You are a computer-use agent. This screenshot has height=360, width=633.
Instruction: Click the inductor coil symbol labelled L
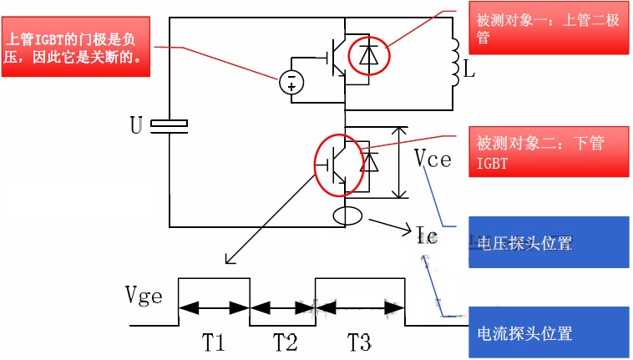[455, 63]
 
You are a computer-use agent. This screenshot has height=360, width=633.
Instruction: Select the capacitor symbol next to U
[169, 126]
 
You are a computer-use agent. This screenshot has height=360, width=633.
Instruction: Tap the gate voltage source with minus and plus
[291, 83]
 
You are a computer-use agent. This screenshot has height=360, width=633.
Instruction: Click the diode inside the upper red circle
[368, 55]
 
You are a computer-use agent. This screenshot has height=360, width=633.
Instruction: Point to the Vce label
[433, 158]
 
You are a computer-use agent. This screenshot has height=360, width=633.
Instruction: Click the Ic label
[426, 235]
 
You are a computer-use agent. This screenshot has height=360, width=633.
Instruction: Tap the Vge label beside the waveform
[144, 296]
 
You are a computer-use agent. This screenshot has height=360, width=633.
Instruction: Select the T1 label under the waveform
[213, 342]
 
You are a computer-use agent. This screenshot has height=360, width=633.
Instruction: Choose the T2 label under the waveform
[285, 342]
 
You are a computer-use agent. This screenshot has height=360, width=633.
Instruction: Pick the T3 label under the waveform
[359, 342]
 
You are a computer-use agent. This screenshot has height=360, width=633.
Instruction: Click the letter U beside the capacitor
[136, 125]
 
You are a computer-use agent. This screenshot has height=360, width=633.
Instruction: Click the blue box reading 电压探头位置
[549, 242]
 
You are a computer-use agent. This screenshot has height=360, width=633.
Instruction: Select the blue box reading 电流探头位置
[549, 332]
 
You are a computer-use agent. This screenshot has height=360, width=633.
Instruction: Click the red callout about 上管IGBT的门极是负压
[76, 47]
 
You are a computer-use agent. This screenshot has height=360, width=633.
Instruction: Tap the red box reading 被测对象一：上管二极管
[549, 28]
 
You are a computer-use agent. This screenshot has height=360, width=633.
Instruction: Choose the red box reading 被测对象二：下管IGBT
[549, 152]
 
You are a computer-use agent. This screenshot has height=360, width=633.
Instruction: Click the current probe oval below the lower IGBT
[347, 216]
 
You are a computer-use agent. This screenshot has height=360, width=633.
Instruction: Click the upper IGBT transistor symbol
[337, 58]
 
